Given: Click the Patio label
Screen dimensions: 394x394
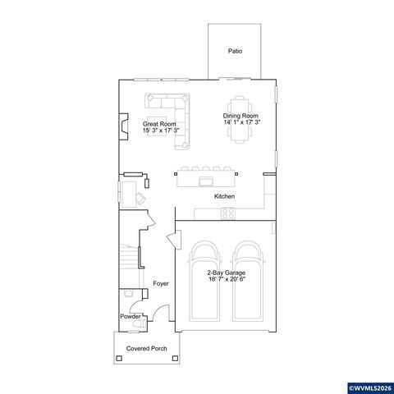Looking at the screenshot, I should coord(235,51).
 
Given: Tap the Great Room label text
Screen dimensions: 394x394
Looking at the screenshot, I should coord(159,123).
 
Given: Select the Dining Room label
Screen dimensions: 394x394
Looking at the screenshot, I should coord(241,116).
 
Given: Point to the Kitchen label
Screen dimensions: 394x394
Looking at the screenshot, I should coord(224,197).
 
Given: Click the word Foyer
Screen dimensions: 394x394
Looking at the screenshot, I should coord(161,284).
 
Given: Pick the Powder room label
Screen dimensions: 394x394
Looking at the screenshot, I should coord(130,316).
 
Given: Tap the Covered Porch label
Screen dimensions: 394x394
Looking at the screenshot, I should coord(146,349).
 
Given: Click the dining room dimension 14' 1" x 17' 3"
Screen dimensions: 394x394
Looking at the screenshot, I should coord(241,122).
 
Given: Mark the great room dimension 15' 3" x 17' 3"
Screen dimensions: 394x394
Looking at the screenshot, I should coord(159,130).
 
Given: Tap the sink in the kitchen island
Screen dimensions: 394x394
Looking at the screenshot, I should coord(205,180).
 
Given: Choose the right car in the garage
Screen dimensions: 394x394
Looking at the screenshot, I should coord(247,282).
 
